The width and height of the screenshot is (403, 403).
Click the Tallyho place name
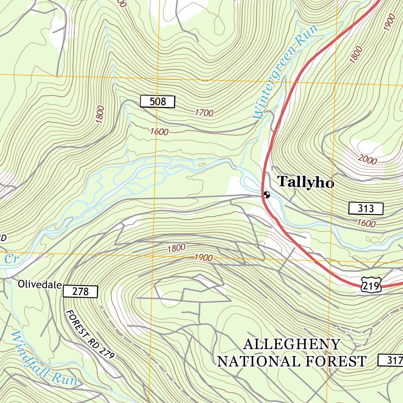(306, 182)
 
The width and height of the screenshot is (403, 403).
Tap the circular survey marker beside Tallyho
(267, 194)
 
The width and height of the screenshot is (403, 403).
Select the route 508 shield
(157, 102)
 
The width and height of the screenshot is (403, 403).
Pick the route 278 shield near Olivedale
(80, 292)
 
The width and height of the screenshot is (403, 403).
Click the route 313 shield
(366, 208)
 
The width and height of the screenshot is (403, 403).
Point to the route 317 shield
(391, 360)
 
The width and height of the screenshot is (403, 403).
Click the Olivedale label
(39, 284)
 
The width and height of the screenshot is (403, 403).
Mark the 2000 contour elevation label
(368, 159)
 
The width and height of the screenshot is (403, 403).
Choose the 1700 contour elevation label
(204, 113)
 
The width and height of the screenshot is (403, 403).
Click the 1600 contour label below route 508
(159, 132)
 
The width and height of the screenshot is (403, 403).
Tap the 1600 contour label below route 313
(366, 223)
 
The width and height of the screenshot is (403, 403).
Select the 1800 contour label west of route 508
(100, 115)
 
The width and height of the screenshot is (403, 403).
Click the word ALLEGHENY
(292, 344)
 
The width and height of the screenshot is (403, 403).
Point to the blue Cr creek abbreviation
(11, 259)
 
